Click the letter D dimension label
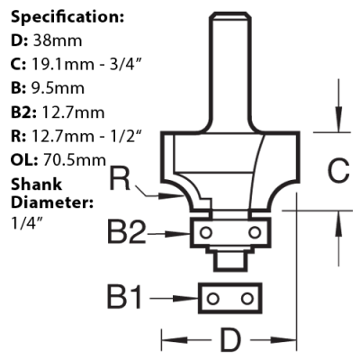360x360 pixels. (232, 342)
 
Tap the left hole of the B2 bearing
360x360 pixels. (208, 233)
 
